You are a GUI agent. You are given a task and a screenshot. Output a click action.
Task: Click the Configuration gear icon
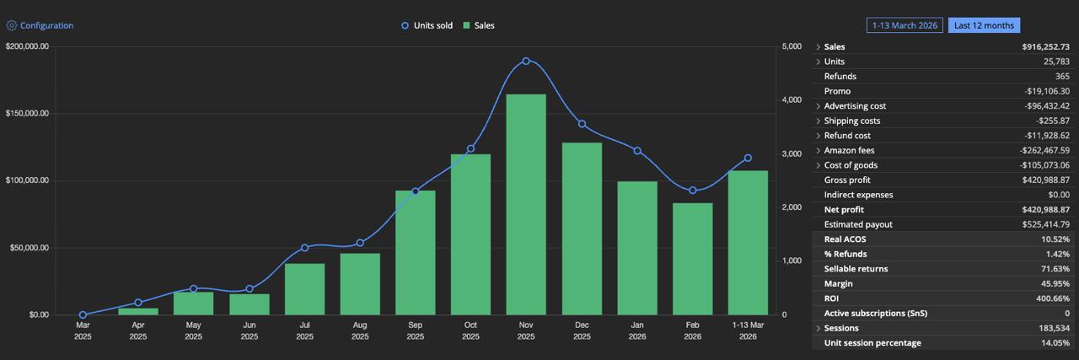[12, 25]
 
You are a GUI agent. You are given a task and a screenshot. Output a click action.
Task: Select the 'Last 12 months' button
[984, 25]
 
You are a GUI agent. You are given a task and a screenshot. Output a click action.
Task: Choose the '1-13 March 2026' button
[905, 25]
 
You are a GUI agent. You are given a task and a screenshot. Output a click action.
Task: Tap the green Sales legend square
[465, 25]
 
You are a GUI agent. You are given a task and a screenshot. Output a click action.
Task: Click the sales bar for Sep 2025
[415, 252]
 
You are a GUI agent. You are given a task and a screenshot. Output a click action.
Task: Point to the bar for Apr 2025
[138, 311]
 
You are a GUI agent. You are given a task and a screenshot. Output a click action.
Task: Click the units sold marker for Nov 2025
[526, 61]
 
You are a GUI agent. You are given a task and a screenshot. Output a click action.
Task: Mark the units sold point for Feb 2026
[693, 191]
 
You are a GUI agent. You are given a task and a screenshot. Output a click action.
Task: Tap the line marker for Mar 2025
[83, 314]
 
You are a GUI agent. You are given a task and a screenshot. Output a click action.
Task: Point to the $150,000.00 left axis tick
[27, 114]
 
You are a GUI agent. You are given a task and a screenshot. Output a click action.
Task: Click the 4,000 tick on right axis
[792, 100]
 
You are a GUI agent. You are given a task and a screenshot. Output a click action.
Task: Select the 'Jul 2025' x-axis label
[304, 330]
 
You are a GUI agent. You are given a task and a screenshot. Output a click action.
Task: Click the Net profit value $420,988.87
[1043, 210]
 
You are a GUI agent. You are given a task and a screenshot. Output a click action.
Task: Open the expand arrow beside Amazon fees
[818, 150]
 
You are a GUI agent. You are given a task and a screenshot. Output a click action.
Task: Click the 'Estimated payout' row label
[857, 224]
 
